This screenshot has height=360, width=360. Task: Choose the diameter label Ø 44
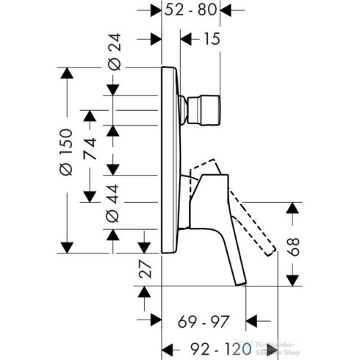(x=113, y=201)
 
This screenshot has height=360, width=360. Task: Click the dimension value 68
(x=293, y=245)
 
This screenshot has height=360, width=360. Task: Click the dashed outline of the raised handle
(x=253, y=213)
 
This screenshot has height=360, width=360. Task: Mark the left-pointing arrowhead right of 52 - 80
(x=227, y=10)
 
